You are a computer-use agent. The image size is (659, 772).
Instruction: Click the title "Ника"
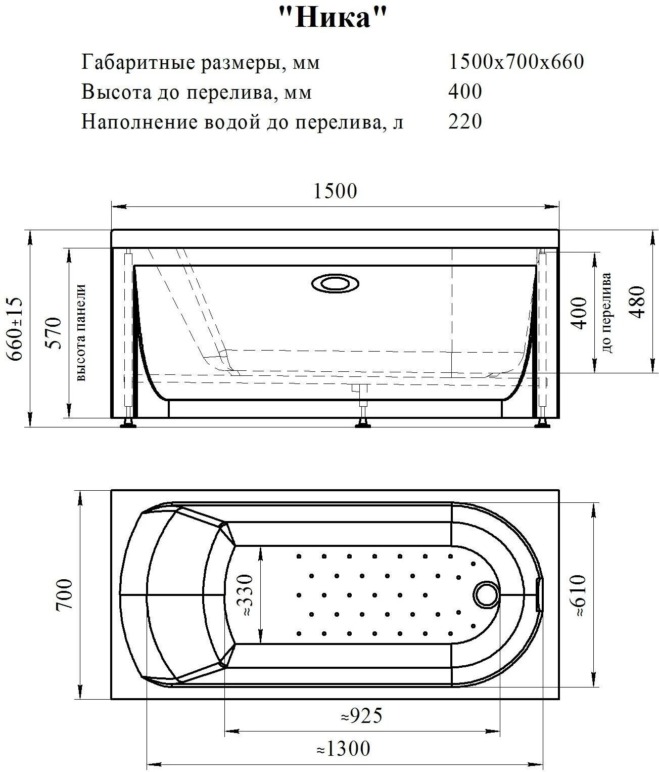pyautogui.click(x=333, y=19)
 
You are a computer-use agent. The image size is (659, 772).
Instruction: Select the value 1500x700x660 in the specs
pyautogui.click(x=516, y=62)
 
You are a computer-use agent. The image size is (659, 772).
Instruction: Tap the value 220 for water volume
pyautogui.click(x=465, y=121)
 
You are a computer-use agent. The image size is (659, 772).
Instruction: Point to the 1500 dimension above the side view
pyautogui.click(x=335, y=191)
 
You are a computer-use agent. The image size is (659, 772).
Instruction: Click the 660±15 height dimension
pyautogui.click(x=15, y=329)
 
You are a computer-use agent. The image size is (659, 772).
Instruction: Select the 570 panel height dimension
pyautogui.click(x=54, y=333)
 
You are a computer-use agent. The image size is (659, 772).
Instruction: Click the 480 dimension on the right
pyautogui.click(x=638, y=302)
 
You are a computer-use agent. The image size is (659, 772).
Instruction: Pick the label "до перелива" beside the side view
pyautogui.click(x=607, y=312)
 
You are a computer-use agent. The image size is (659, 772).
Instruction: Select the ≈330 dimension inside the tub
pyautogui.click(x=245, y=595)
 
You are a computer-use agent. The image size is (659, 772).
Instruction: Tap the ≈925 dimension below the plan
pyautogui.click(x=361, y=715)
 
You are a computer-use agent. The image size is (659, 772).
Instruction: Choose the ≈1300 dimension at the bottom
pyautogui.click(x=344, y=748)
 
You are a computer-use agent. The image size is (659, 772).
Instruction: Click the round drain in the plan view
pyautogui.click(x=486, y=594)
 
